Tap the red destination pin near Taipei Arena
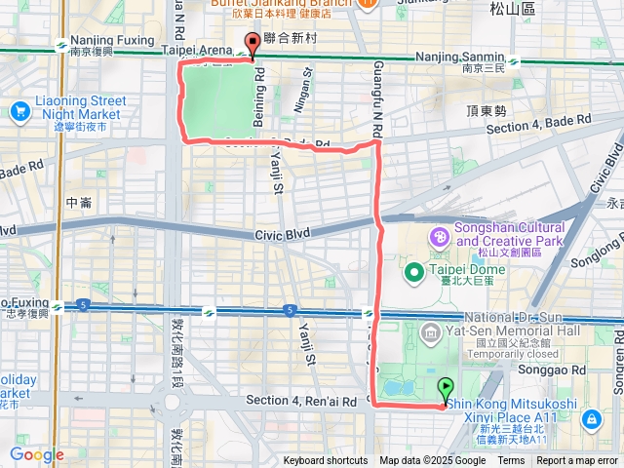pos(253,44)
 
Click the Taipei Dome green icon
pos(413,270)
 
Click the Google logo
pos(36,454)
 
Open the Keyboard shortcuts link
pos(326,461)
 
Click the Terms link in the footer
pos(511,461)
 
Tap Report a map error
pos(578,461)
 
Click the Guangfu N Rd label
pos(376,88)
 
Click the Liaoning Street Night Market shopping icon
pos(19,111)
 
